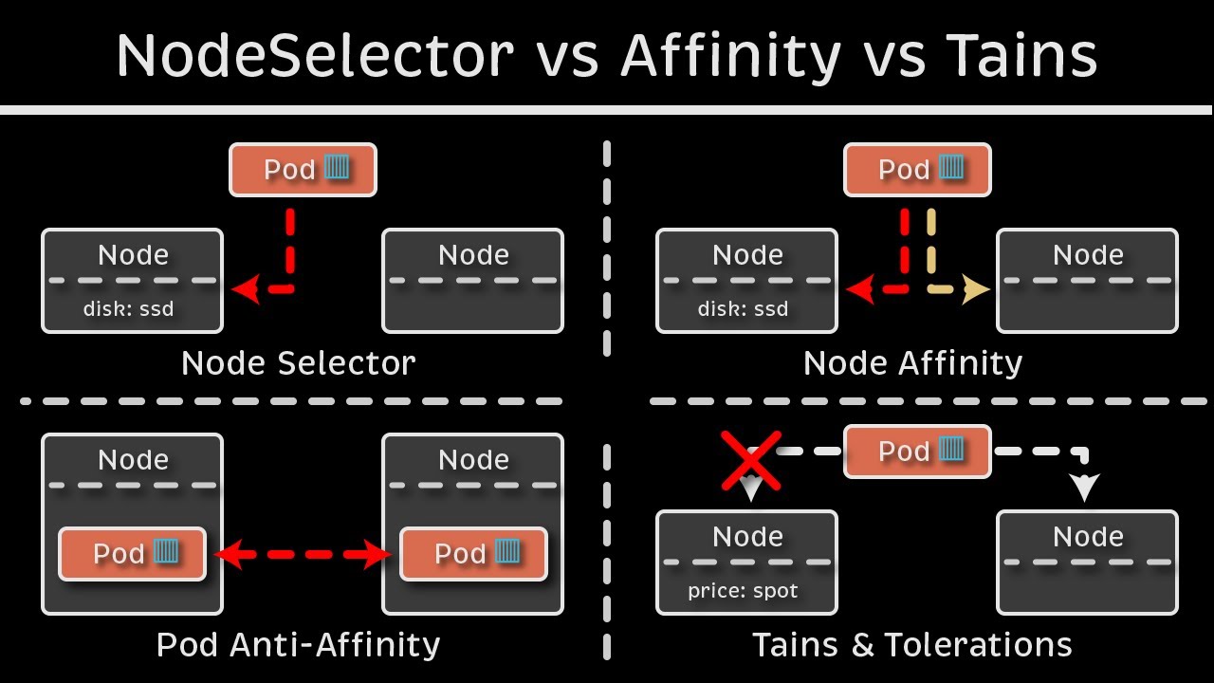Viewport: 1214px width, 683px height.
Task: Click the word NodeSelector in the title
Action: (x=314, y=56)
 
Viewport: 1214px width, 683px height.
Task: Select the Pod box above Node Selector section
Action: (x=303, y=170)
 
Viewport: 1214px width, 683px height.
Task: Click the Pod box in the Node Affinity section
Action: (x=917, y=170)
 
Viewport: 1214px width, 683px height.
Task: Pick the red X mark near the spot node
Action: (x=751, y=461)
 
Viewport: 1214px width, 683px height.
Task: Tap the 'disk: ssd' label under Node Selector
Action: (x=128, y=308)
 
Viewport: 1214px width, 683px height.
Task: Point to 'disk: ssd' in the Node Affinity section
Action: (x=743, y=308)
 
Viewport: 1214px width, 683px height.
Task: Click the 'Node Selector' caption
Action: (x=298, y=363)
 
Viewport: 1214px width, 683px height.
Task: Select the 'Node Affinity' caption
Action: (x=912, y=363)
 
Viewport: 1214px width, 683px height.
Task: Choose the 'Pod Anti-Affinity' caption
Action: (x=298, y=645)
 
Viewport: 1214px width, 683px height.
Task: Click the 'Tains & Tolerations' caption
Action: (x=912, y=645)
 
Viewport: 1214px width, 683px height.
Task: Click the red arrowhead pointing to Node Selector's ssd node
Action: (x=245, y=290)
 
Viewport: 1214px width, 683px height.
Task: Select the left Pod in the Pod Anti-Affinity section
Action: (x=132, y=553)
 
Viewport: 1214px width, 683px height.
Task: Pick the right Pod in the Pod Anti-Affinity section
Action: (x=473, y=553)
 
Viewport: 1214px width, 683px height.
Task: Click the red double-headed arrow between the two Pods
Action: (x=303, y=553)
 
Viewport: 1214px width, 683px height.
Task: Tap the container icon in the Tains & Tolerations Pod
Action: (x=952, y=450)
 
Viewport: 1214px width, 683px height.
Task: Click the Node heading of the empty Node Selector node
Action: (x=472, y=254)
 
